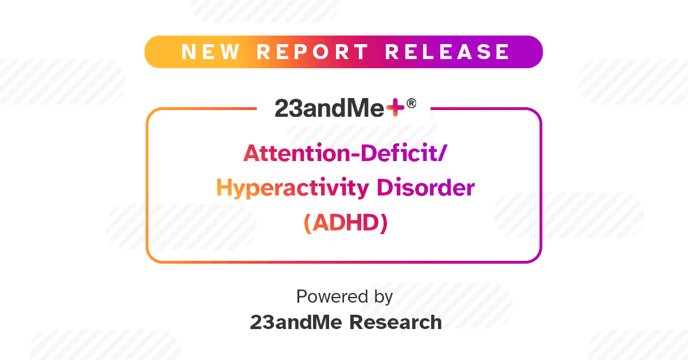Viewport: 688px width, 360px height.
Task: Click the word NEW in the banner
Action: (210, 52)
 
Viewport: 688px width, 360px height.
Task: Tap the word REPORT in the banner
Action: (312, 52)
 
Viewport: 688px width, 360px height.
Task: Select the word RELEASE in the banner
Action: (447, 52)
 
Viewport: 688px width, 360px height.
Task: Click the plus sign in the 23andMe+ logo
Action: (395, 108)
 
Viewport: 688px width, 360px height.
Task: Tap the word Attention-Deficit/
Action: (343, 153)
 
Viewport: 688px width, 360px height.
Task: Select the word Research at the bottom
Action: (396, 322)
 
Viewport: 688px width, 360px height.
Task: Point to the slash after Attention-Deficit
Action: (440, 154)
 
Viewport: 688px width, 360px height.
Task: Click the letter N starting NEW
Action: (189, 52)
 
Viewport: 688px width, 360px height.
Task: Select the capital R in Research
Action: (355, 322)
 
